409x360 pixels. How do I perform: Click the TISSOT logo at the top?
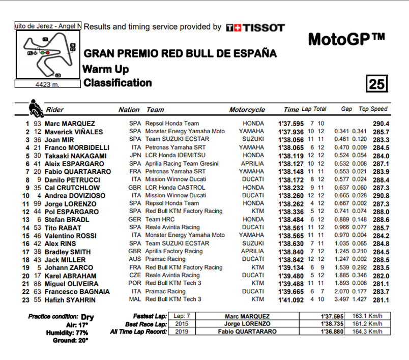tap(255, 27)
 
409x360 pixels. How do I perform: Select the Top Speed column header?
tap(373, 109)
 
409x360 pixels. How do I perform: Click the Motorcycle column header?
tap(247, 110)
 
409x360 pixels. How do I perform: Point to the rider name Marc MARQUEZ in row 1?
tap(70, 124)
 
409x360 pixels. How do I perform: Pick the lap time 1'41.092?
tap(290, 300)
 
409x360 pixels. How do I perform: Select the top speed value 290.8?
tap(381, 196)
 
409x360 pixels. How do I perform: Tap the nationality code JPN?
tap(135, 156)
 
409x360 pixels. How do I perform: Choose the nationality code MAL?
tap(135, 300)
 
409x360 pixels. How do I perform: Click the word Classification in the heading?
tap(118, 83)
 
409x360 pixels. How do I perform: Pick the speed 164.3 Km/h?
tap(368, 332)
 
